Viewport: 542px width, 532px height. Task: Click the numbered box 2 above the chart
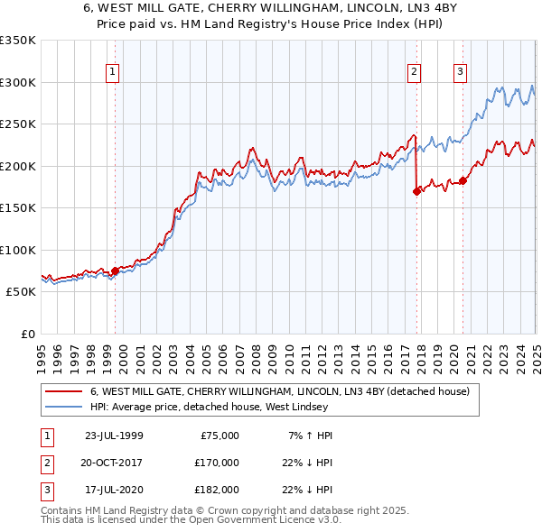pyautogui.click(x=414, y=73)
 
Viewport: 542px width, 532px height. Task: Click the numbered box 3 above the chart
pyautogui.click(x=460, y=73)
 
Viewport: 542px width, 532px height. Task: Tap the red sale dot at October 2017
pyautogui.click(x=416, y=191)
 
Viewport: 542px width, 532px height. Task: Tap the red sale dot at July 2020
pyautogui.click(x=463, y=181)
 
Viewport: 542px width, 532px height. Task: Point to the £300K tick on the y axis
pyautogui.click(x=17, y=82)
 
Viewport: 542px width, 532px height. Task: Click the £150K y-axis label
pyautogui.click(x=17, y=207)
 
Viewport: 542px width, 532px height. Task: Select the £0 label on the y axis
pyautogui.click(x=26, y=334)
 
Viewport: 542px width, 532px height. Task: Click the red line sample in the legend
pyautogui.click(x=63, y=392)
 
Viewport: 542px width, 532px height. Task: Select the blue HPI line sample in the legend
pyautogui.click(x=63, y=407)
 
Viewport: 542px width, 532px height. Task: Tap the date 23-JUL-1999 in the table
pyautogui.click(x=113, y=436)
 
